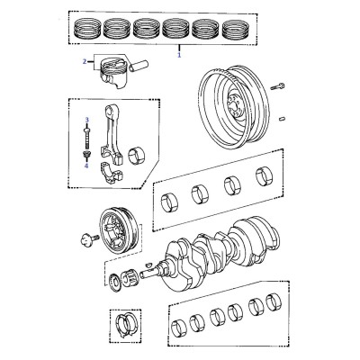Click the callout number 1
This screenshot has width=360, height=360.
(179, 55)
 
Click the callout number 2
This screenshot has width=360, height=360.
(85, 62)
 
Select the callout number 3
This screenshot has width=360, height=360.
(87, 120)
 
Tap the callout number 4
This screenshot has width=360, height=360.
(86, 166)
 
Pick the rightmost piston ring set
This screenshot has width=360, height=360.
(236, 29)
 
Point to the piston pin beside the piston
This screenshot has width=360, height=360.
(139, 66)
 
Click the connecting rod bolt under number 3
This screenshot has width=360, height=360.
(87, 138)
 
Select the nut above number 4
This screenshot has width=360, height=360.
(87, 155)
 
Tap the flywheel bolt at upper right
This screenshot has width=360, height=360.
(277, 87)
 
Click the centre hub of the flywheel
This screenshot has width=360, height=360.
(235, 106)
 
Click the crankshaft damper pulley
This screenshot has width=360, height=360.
(120, 231)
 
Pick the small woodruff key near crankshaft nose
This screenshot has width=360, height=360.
(148, 265)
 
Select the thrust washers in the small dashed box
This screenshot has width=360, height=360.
(126, 326)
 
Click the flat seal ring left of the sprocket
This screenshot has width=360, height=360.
(114, 283)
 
